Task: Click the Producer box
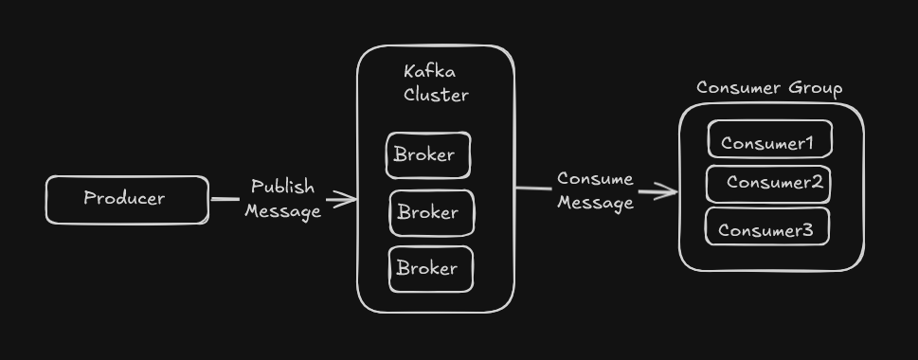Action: [x=127, y=200]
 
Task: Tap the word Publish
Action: [x=282, y=187]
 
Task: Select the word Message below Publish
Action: [x=282, y=211]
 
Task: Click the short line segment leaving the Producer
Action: [x=225, y=199]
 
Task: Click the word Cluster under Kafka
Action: [x=436, y=95]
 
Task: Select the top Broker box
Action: [x=427, y=155]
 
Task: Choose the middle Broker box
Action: [x=431, y=213]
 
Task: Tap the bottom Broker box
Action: [x=430, y=269]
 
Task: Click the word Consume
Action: [x=595, y=179]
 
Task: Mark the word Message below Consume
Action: [x=595, y=203]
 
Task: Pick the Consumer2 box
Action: [x=768, y=184]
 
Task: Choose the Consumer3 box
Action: [x=767, y=228]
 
